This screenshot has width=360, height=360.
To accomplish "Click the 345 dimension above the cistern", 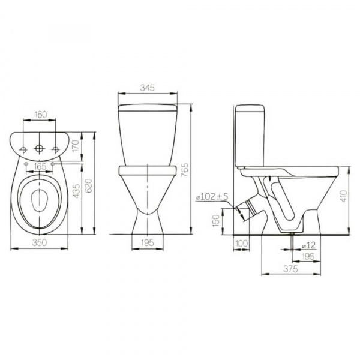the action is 148,88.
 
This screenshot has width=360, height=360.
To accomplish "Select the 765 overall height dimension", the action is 185,170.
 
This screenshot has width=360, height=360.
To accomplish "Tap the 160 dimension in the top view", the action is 41,115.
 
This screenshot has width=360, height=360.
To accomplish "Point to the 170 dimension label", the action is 76,146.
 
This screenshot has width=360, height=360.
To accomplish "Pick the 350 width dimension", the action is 40,242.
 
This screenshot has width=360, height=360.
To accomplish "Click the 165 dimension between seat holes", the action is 40,166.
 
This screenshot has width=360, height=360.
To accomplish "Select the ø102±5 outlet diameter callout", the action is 212,197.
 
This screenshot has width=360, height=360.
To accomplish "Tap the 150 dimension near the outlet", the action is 216,221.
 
